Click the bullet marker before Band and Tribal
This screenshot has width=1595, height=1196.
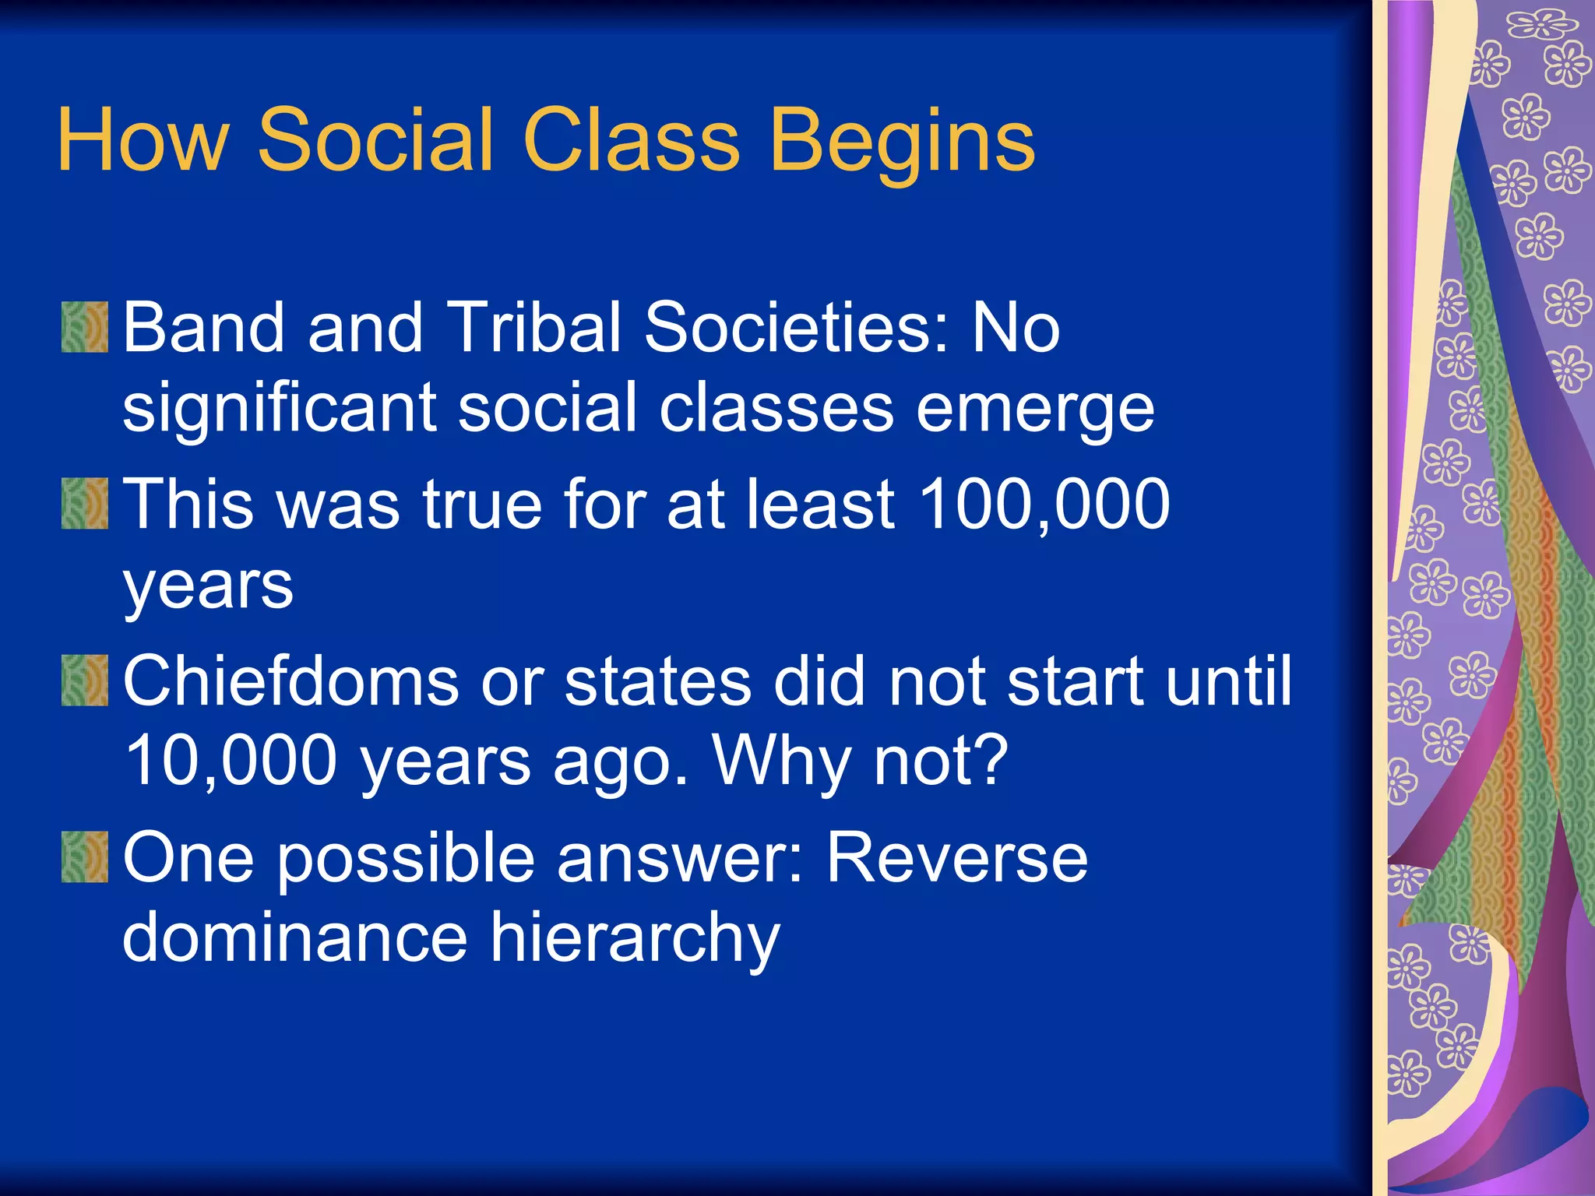pos(84,327)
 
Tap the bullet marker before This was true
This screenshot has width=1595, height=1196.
pos(84,504)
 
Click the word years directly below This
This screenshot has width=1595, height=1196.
pos(208,587)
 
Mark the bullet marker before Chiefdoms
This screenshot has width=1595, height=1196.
pos(84,681)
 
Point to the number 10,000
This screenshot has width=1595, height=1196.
pos(231,762)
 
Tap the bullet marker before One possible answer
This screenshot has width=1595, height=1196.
pos(84,857)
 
